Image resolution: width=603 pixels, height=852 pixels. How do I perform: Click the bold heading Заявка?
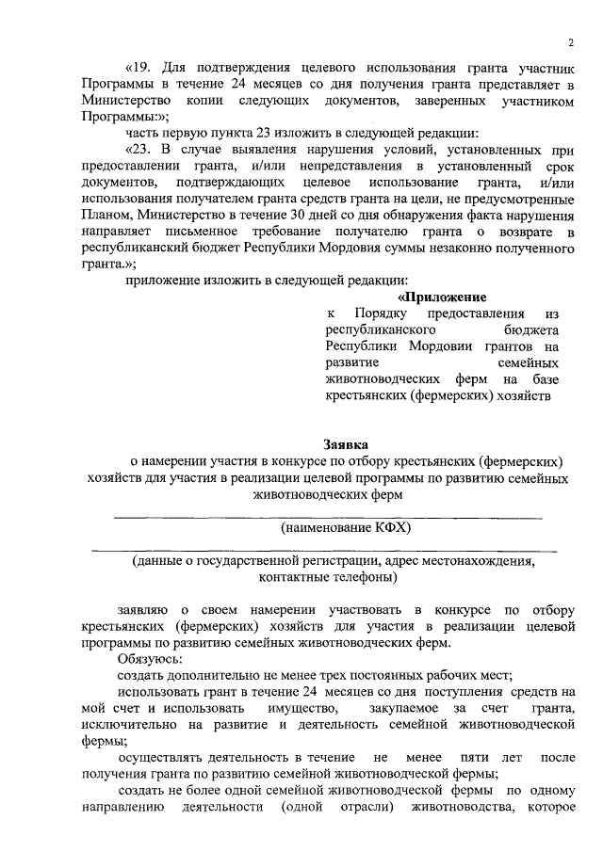click(347, 443)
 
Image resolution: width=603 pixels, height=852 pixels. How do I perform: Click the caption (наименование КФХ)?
click(346, 528)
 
